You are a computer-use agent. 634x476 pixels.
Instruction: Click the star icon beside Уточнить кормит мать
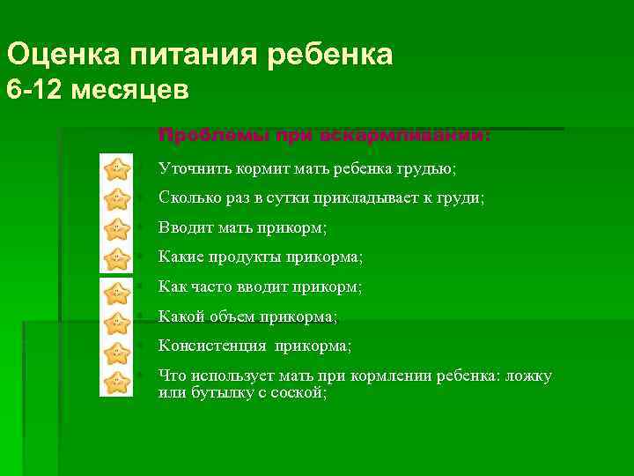tap(115, 168)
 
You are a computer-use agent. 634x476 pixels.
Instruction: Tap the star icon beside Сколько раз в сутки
tap(115, 198)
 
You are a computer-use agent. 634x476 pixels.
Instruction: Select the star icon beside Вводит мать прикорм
tap(115, 228)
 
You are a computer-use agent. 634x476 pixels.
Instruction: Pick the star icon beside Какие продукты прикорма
tap(115, 258)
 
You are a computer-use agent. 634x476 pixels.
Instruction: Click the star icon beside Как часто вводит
tap(115, 292)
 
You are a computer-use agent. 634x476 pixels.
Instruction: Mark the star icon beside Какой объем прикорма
tap(115, 321)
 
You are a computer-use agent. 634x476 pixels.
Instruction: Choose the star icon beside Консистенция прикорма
tap(115, 352)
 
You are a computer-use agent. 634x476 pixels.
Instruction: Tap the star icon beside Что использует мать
tap(115, 382)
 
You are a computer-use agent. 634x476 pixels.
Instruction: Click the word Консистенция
tap(211, 346)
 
